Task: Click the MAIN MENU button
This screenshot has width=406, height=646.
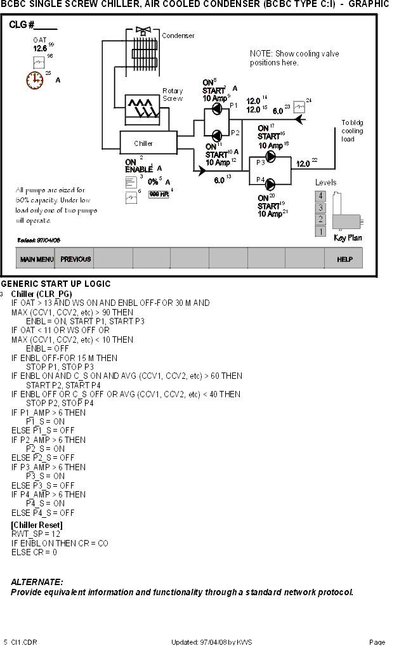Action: [36, 259]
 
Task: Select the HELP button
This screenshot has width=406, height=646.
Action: [344, 259]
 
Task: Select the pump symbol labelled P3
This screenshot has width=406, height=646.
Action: [272, 162]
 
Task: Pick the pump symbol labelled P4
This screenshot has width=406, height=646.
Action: [272, 183]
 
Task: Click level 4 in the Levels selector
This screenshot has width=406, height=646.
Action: [321, 196]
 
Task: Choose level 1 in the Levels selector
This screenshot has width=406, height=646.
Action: [321, 232]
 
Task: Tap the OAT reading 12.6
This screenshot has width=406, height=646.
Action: [40, 49]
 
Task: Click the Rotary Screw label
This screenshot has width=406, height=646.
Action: [173, 95]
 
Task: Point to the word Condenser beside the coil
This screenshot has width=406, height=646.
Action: [178, 36]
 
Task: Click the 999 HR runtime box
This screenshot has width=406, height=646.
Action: [158, 194]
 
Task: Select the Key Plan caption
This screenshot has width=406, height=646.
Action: [348, 238]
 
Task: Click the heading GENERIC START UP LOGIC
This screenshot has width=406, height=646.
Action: [56, 284]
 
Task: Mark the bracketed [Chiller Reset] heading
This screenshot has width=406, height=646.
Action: [37, 525]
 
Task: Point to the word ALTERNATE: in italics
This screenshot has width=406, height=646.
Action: [37, 581]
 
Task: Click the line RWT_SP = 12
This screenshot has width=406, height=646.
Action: [33, 534]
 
